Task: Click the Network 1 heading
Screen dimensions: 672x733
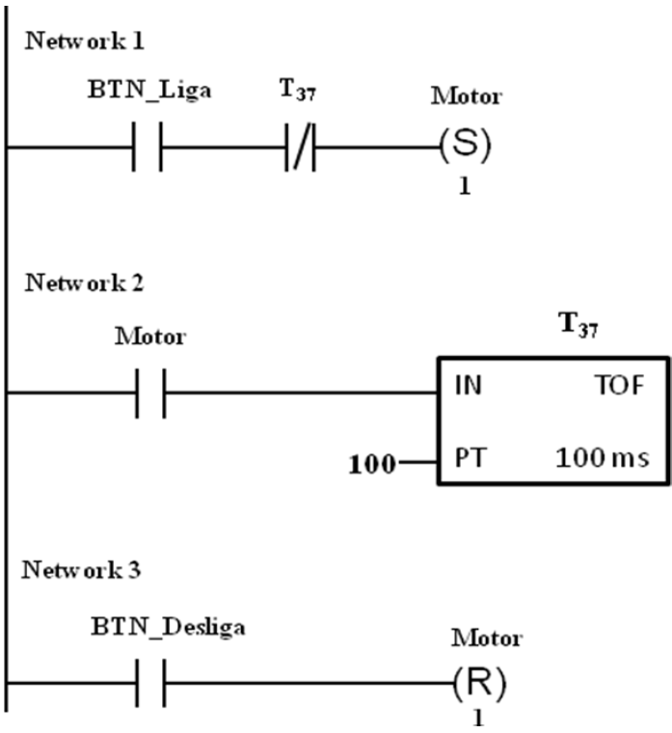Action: pos(84,41)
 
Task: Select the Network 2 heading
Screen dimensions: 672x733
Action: pos(84,283)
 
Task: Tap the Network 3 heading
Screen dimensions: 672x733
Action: pos(81,570)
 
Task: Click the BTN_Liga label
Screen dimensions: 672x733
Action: pos(149,90)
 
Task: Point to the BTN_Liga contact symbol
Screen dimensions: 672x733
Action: pos(148,147)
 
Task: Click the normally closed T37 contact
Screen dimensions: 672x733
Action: pos(300,147)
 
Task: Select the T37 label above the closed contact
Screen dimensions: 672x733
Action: pos(298,90)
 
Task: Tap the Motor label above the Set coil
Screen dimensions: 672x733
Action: pos(467,96)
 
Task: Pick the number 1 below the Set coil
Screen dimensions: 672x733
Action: pos(465,186)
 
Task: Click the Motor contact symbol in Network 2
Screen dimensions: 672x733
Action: pos(150,393)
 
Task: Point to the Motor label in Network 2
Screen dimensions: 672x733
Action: pos(150,337)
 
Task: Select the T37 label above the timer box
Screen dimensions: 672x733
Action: pos(578,324)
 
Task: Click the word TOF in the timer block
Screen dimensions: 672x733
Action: pos(621,386)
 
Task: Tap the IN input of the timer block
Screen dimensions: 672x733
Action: pos(469,386)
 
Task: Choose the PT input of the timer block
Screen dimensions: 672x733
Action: pos(470,458)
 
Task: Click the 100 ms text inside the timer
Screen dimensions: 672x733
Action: pos(603,458)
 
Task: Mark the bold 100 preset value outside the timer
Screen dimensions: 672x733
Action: pos(372,465)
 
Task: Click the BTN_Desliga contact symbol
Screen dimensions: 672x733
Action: pos(150,683)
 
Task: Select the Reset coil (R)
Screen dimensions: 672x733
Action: pos(479,684)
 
